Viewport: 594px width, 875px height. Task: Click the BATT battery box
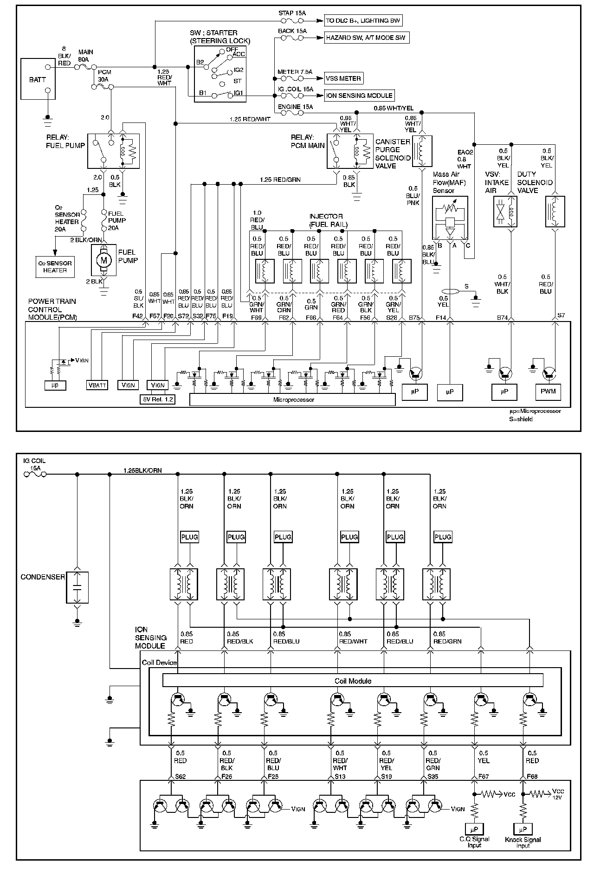point(38,79)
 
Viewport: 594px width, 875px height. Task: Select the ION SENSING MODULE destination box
point(360,96)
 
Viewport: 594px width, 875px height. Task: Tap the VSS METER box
point(344,78)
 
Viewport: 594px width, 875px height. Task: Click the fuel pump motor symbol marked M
point(103,261)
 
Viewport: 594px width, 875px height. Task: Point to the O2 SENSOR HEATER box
point(55,267)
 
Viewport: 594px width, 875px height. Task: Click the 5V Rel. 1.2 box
point(158,399)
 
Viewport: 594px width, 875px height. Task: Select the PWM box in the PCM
point(548,392)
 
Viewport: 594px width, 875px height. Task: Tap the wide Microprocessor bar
point(293,399)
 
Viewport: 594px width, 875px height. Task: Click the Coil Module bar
point(353,681)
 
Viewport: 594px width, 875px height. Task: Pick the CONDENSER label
point(43,577)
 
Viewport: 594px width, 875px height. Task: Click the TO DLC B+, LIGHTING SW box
point(363,20)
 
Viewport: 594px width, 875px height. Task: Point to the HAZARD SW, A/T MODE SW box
point(367,38)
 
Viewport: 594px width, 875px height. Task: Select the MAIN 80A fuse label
point(85,56)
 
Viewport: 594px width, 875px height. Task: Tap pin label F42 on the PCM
point(137,317)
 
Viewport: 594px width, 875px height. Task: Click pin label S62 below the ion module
point(181,776)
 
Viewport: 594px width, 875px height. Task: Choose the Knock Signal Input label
point(523,843)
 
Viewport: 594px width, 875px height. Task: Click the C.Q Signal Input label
point(474,843)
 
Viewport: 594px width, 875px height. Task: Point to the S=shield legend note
point(521,419)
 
